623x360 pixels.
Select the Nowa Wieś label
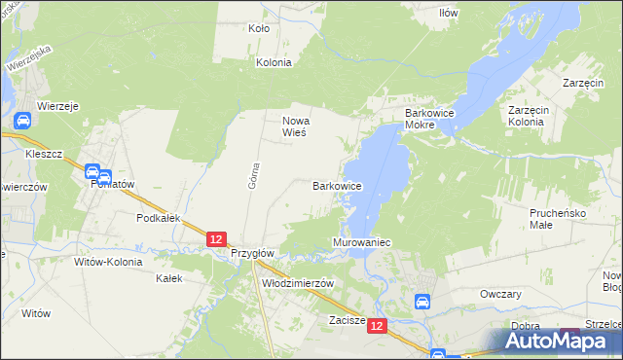(x=295, y=126)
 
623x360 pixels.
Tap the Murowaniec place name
(x=361, y=241)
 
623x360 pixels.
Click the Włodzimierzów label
(x=299, y=283)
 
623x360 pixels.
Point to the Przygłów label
(x=254, y=252)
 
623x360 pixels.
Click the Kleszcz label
(x=45, y=155)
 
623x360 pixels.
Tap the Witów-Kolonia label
(x=108, y=262)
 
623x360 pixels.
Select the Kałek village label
(x=169, y=278)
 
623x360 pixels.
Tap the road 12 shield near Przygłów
(x=217, y=238)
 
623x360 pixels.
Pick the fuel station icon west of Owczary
(x=423, y=303)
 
